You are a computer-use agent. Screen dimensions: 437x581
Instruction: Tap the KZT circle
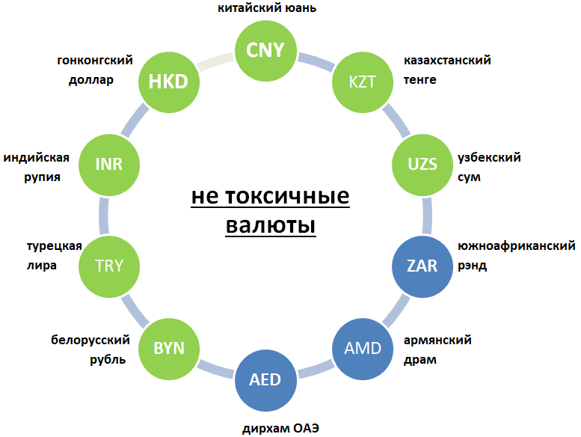363,81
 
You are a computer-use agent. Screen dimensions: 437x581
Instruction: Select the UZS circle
422,164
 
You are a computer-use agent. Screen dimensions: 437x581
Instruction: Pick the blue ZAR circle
422,266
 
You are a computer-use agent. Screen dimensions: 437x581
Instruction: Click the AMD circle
363,348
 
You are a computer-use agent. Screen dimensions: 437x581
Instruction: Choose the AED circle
265,379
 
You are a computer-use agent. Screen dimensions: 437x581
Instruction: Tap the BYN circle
168,348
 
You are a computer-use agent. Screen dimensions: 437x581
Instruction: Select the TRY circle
108,266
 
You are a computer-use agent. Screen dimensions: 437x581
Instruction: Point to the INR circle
108,164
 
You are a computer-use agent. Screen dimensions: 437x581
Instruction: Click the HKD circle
168,81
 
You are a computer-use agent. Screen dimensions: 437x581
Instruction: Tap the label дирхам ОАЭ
280,429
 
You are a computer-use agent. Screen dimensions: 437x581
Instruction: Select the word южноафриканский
516,246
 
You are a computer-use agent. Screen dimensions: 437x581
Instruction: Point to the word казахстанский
447,61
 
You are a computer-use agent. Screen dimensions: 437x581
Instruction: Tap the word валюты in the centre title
270,224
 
